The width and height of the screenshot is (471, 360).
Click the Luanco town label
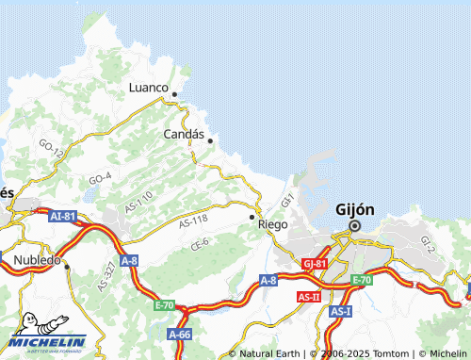tap(148, 88)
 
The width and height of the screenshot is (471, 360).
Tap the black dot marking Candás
tap(210, 141)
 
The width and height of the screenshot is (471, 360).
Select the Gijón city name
tap(355, 209)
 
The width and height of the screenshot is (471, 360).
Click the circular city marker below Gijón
tap(355, 226)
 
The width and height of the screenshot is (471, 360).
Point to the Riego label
tap(272, 225)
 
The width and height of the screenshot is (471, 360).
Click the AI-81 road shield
tap(62, 216)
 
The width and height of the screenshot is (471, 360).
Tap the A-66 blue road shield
tap(180, 335)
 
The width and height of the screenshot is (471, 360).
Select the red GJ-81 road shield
tap(315, 264)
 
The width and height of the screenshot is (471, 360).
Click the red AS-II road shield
tap(308, 297)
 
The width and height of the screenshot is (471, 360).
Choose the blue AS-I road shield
tap(340, 311)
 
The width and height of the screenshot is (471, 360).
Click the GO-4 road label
tap(100, 177)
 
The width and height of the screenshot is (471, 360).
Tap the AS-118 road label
tap(192, 220)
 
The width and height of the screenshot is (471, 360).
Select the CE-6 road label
tap(199, 243)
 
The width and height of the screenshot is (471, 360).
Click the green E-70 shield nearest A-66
tap(165, 305)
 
